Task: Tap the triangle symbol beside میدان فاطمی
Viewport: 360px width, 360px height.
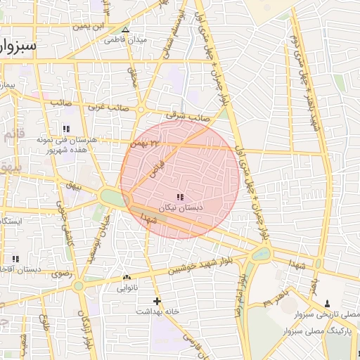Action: click(x=125, y=30)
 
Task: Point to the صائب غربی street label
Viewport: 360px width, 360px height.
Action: click(x=106, y=108)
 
